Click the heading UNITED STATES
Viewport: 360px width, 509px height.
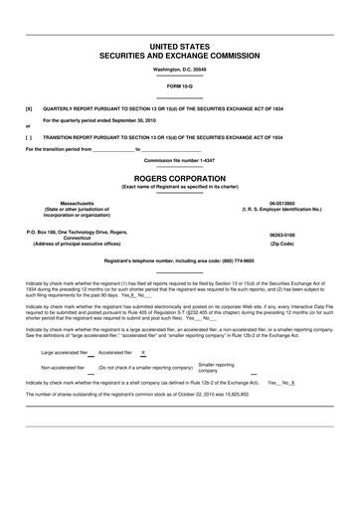pos(180,47)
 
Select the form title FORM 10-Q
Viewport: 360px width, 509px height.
pos(180,86)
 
